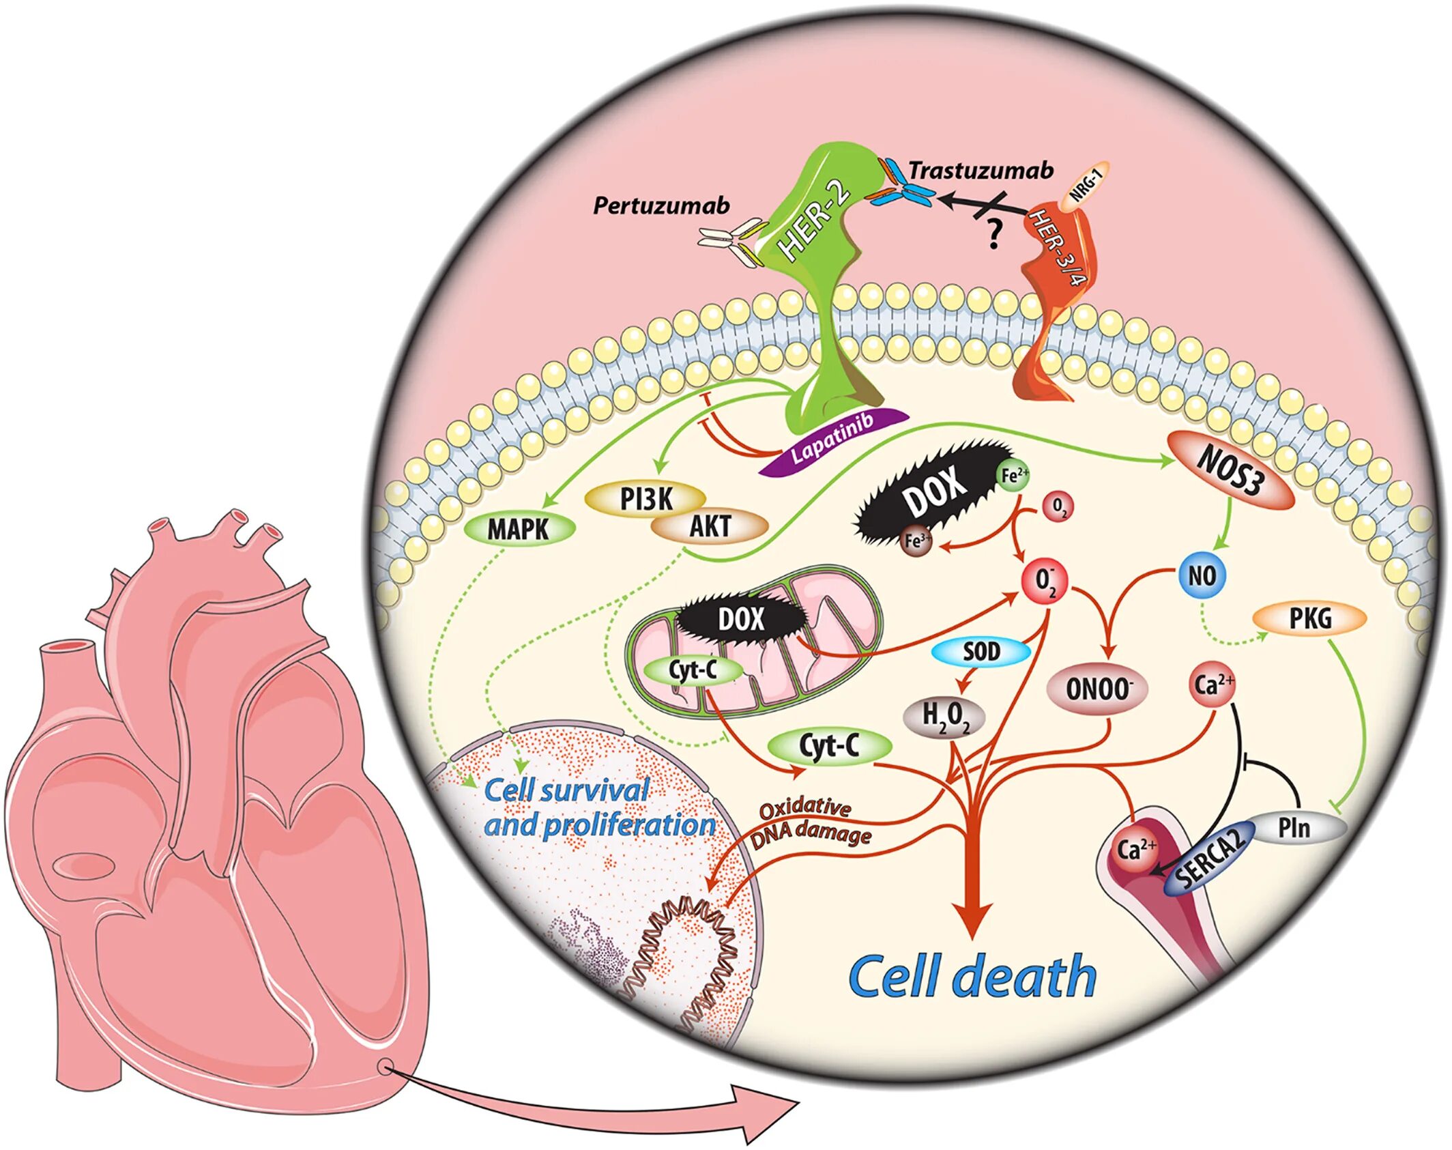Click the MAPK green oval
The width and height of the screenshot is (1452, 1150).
(519, 528)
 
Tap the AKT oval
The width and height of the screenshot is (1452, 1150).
(710, 526)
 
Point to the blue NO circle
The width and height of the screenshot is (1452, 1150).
(1202, 575)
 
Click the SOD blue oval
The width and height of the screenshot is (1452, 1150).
(981, 652)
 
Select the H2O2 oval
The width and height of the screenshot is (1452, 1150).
(945, 717)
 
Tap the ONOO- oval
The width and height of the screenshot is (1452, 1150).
(1098, 689)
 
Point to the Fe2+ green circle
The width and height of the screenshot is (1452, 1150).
(1013, 475)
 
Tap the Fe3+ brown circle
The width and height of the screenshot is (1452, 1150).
(916, 541)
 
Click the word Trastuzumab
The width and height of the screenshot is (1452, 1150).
(981, 170)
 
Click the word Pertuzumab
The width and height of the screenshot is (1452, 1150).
(660, 205)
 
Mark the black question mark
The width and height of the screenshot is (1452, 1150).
(993, 236)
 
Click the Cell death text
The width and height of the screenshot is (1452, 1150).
(972, 977)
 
